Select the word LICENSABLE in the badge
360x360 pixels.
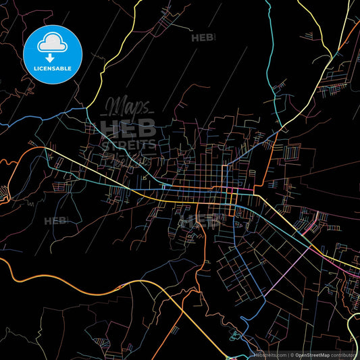tap(53, 68)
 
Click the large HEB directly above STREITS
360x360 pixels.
tap(128, 128)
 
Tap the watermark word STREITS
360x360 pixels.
tap(128, 145)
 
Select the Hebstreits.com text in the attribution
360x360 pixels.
tap(270, 355)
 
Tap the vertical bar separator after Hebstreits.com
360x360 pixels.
tap(288, 355)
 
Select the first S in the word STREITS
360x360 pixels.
tap(105, 145)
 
